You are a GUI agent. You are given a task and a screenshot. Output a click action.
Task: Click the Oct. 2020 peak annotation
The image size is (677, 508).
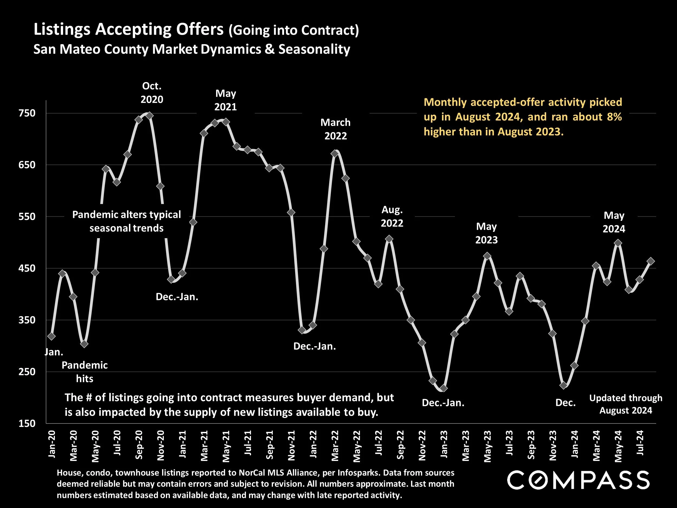(152, 93)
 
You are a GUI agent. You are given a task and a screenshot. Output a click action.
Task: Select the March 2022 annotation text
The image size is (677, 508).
(336, 129)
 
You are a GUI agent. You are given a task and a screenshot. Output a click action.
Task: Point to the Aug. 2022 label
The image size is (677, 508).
(392, 216)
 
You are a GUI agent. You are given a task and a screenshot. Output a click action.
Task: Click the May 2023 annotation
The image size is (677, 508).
(486, 233)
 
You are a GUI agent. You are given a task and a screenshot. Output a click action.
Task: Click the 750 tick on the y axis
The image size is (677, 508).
(27, 113)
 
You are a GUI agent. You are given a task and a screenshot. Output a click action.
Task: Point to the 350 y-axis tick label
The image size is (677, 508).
(27, 320)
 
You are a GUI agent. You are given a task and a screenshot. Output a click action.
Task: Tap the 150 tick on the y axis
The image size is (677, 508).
(27, 423)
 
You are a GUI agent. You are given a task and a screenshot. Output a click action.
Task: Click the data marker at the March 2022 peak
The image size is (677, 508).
(335, 153)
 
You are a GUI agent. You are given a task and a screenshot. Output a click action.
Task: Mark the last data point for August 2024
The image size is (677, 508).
(651, 261)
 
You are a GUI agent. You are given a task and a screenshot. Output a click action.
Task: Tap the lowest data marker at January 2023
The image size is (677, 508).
(444, 388)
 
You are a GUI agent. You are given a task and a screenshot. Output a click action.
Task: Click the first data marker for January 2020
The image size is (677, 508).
(51, 336)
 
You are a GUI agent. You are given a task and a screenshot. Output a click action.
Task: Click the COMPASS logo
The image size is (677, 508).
(578, 480)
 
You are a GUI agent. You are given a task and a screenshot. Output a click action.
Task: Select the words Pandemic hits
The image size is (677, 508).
(84, 372)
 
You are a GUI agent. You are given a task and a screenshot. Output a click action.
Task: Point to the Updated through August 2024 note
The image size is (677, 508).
(626, 404)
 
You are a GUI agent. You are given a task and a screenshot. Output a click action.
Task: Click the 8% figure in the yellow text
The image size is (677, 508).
(614, 117)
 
